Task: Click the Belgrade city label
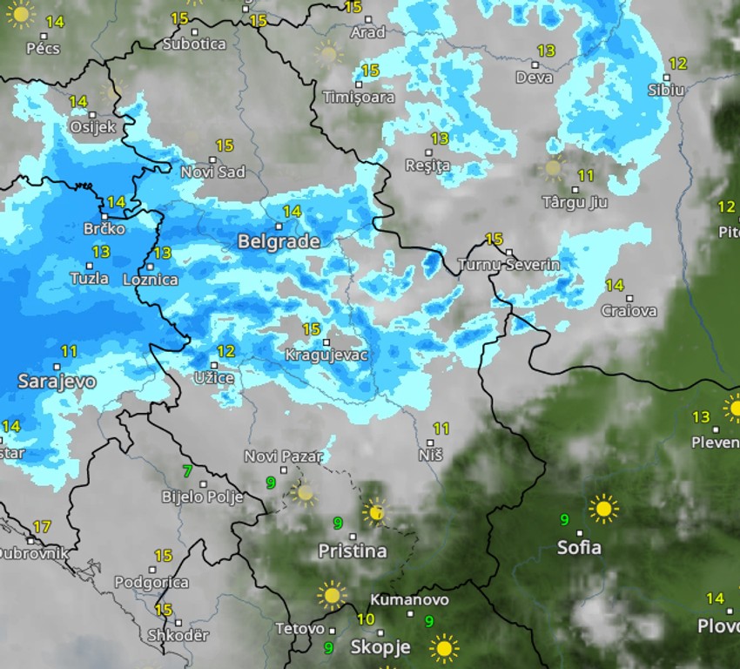279,241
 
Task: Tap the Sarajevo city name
57,382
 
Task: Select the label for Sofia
579,548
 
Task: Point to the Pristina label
352,551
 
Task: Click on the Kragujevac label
326,355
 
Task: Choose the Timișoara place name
358,97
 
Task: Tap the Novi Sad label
212,172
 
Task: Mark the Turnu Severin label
508,264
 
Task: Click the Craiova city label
629,311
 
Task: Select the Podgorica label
151,582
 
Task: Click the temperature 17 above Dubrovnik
41,527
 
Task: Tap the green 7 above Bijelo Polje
187,471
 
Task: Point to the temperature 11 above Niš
441,429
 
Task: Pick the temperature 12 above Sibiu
677,64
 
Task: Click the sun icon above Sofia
602,508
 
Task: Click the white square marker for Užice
214,365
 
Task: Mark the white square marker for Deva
534,64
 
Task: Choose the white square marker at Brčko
104,215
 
